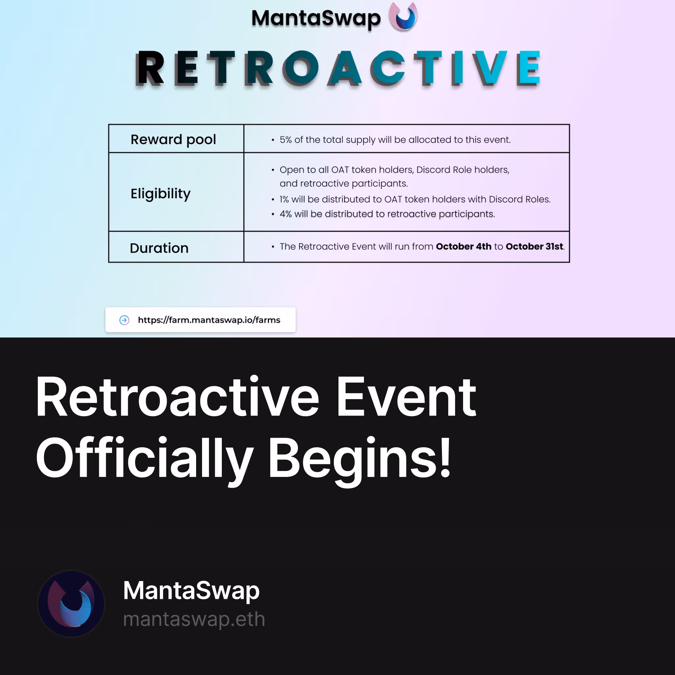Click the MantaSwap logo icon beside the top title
pyautogui.click(x=403, y=16)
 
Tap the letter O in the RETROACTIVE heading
pyautogui.click(x=301, y=68)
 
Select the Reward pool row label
pyautogui.click(x=173, y=139)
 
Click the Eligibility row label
pyautogui.click(x=161, y=194)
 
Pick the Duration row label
pyautogui.click(x=159, y=248)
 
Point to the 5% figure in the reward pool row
pyautogui.click(x=285, y=140)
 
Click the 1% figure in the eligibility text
pyautogui.click(x=284, y=199)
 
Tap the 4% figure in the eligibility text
pyautogui.click(x=285, y=214)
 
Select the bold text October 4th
pyautogui.click(x=464, y=246)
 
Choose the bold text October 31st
pyautogui.click(x=534, y=246)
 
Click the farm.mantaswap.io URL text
pyautogui.click(x=209, y=320)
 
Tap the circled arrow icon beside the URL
pyautogui.click(x=124, y=320)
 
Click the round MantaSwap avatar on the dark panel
pyautogui.click(x=71, y=603)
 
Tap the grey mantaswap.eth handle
pyautogui.click(x=194, y=619)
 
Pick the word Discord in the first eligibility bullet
pyautogui.click(x=433, y=170)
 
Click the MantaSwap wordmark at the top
pyautogui.click(x=316, y=18)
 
